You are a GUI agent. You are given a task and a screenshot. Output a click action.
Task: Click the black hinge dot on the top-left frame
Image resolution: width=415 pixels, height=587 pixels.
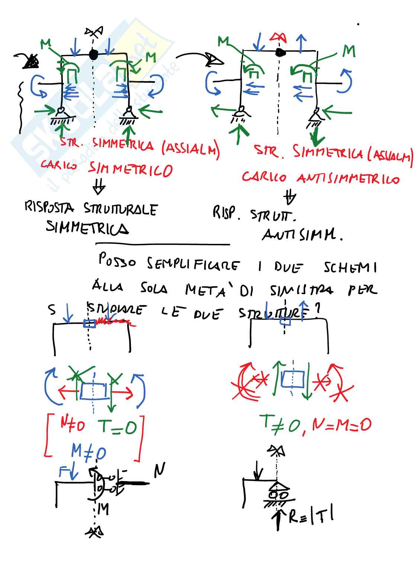[93, 55]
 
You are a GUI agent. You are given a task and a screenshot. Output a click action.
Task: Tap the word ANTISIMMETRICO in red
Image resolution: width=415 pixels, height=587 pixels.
[348, 179]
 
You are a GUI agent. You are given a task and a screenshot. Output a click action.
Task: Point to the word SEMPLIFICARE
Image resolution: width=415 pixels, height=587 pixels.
[193, 264]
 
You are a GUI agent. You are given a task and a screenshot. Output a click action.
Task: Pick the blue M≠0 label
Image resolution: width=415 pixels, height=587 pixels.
[89, 451]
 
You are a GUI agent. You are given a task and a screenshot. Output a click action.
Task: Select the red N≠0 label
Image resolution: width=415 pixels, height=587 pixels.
[73, 424]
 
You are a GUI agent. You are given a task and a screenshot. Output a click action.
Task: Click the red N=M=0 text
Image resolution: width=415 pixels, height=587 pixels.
[341, 424]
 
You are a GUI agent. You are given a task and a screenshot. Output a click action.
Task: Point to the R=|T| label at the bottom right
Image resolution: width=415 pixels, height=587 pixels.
[311, 516]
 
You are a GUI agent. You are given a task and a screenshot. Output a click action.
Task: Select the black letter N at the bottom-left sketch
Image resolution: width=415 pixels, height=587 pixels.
[159, 470]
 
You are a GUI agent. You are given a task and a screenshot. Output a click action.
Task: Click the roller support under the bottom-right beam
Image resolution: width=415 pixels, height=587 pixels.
[278, 495]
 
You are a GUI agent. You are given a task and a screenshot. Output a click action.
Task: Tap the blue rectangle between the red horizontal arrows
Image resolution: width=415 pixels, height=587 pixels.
[93, 391]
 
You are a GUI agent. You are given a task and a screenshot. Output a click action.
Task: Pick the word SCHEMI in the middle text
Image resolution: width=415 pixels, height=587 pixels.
[350, 267]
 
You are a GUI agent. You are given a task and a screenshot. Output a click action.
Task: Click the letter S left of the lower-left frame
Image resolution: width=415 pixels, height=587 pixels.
[52, 309]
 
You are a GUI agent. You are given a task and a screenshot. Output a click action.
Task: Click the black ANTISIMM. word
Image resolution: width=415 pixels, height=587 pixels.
[302, 235]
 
